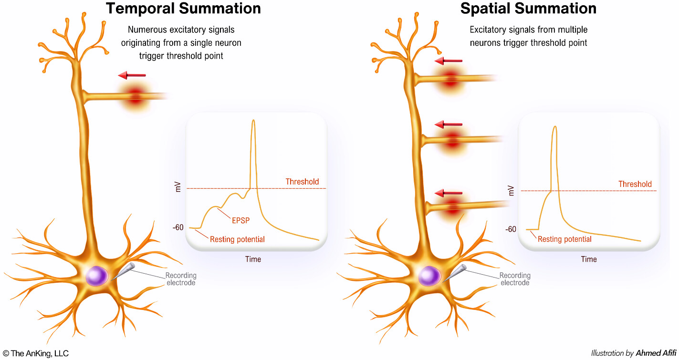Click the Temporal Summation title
(183, 8)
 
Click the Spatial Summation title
(528, 8)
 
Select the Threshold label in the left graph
(302, 182)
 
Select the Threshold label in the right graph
(635, 184)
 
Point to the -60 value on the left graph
(178, 228)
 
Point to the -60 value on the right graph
(510, 229)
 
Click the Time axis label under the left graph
(253, 259)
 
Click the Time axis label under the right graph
(589, 259)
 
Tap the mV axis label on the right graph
(512, 189)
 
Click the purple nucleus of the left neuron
(97, 276)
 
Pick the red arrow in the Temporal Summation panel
(132, 75)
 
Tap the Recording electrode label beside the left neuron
(181, 279)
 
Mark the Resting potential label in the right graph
(564, 239)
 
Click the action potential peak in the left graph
(253, 121)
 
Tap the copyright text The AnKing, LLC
(36, 353)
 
